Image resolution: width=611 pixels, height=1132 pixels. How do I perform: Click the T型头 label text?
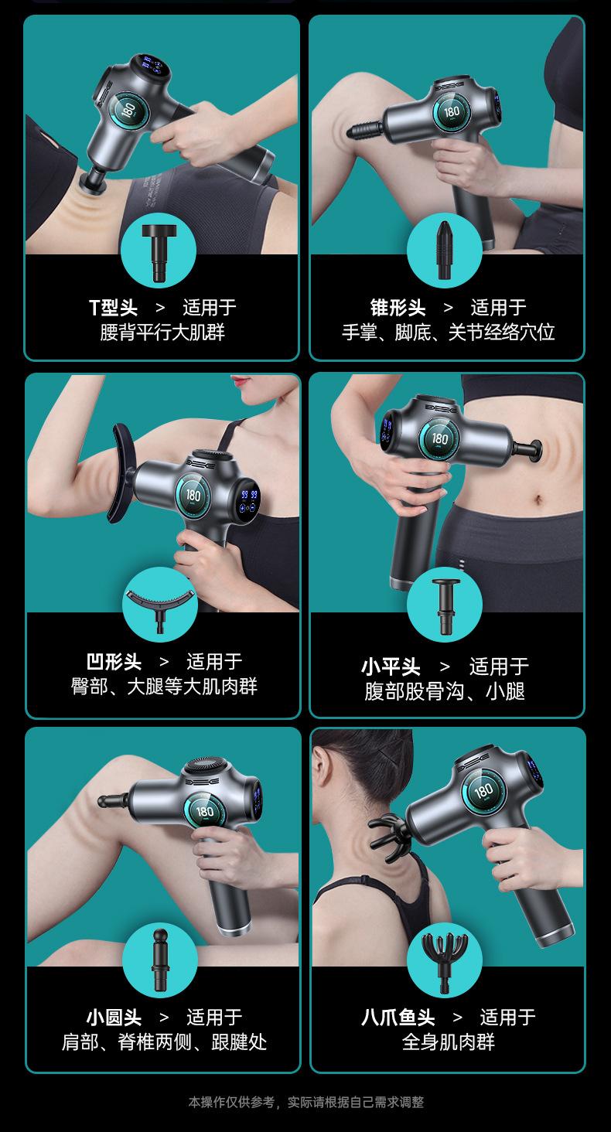(x=113, y=307)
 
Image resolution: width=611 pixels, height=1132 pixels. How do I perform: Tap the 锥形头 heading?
(x=398, y=307)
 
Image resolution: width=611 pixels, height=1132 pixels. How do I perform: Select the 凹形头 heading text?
(x=114, y=662)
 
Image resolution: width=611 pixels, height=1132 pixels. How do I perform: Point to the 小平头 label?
(x=391, y=667)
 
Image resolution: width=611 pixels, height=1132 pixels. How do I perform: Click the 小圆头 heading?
(x=114, y=1018)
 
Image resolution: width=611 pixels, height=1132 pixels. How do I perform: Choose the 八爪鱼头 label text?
(x=398, y=1018)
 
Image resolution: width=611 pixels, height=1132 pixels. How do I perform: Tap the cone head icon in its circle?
(x=444, y=250)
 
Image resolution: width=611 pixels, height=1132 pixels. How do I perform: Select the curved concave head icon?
(x=160, y=606)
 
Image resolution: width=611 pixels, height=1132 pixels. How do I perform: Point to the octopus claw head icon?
(x=445, y=962)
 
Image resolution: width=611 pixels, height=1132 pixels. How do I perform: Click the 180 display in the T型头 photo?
(x=128, y=110)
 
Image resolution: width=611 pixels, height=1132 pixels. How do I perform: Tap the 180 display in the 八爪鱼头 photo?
(x=483, y=790)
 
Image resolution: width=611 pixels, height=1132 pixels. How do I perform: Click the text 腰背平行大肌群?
(x=162, y=332)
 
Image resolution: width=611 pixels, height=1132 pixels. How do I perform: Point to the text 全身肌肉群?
(x=449, y=1042)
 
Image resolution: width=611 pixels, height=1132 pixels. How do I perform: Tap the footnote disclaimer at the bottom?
(x=305, y=1102)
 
